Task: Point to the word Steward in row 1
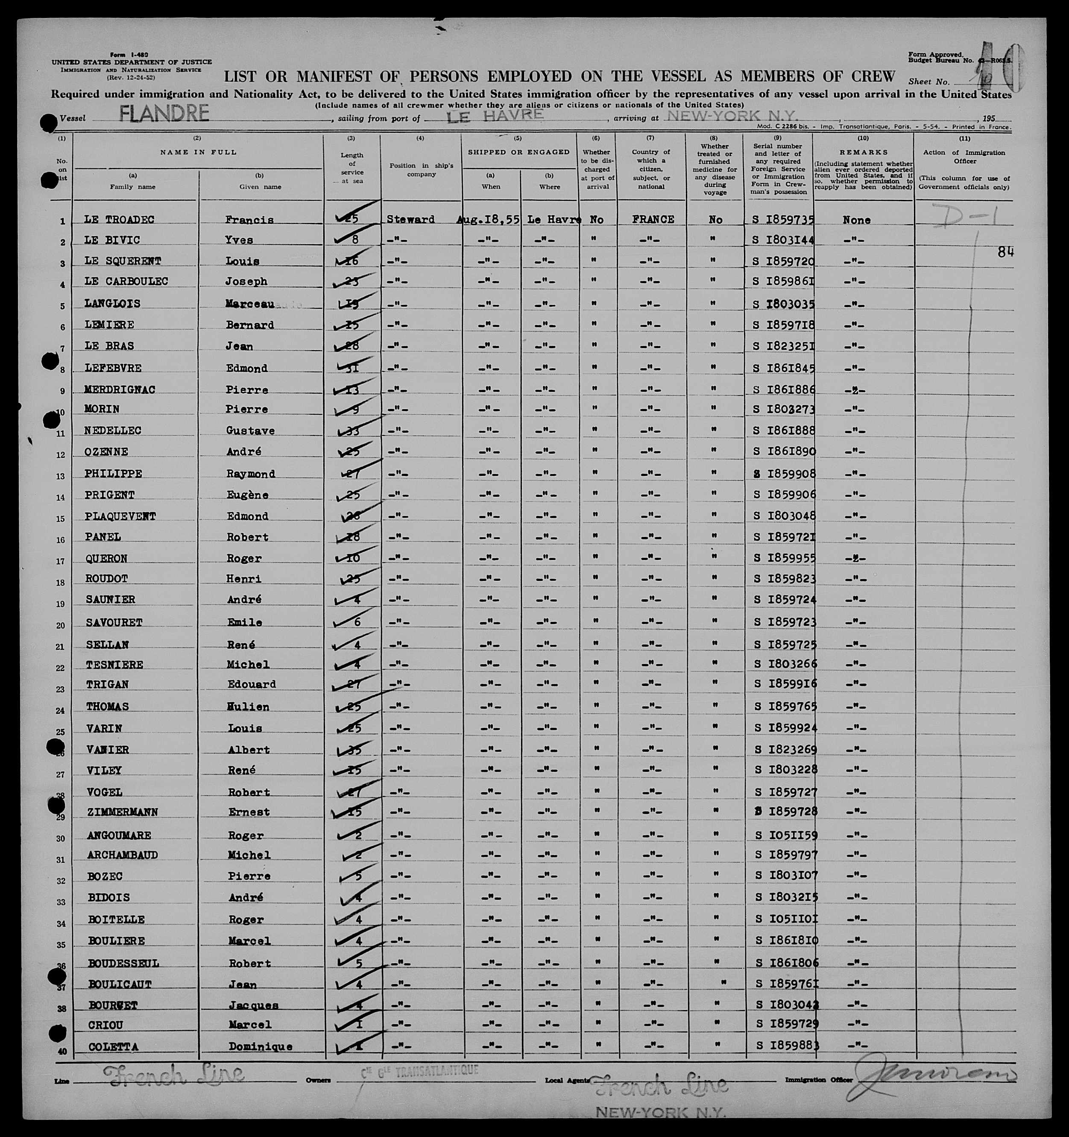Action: (x=411, y=220)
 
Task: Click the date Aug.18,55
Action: (x=488, y=220)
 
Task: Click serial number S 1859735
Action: (x=784, y=220)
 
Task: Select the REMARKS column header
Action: (x=863, y=152)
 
